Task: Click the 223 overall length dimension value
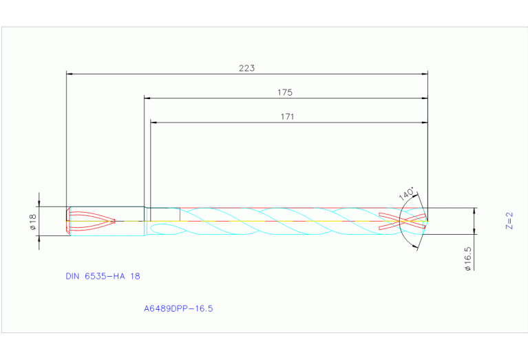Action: coord(246,68)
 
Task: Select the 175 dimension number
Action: coord(285,92)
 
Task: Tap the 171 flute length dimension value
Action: coord(287,117)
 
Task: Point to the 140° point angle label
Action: coord(407,193)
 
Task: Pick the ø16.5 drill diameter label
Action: coord(467,260)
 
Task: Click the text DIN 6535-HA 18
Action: coord(103,276)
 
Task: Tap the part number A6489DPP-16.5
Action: coord(178,309)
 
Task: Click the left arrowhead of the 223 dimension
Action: coord(70,73)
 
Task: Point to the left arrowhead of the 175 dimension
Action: coord(147,98)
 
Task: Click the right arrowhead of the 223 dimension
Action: coord(424,73)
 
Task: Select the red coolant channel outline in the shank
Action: coord(93,221)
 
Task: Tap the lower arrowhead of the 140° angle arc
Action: coord(416,246)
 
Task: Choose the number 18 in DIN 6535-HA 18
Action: coord(135,276)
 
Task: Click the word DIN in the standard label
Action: coord(73,276)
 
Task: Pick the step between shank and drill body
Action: coord(145,221)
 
